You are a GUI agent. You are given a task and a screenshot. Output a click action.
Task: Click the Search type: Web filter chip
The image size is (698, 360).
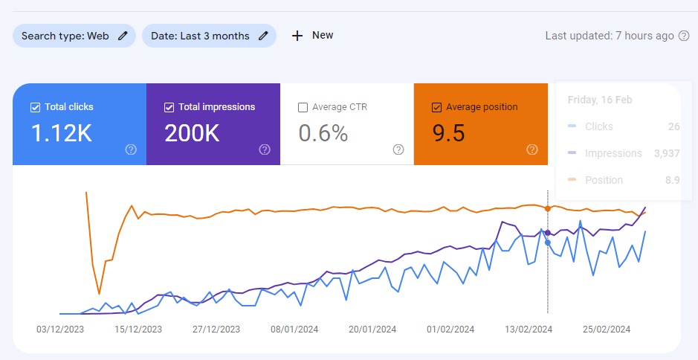click(x=74, y=36)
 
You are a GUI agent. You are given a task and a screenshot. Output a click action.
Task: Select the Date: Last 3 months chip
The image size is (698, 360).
click(x=209, y=36)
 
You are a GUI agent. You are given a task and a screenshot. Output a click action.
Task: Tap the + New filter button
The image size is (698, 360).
click(x=312, y=35)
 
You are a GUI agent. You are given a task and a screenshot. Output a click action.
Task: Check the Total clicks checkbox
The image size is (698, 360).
click(x=35, y=107)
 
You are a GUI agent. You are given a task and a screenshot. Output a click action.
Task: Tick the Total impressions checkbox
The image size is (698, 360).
click(x=169, y=107)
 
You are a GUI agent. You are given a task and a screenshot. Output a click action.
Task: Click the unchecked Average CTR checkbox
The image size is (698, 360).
click(x=303, y=107)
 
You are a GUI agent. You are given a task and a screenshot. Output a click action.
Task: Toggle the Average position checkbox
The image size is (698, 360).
click(x=436, y=107)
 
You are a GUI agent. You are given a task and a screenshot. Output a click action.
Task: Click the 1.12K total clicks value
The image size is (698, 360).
click(x=61, y=133)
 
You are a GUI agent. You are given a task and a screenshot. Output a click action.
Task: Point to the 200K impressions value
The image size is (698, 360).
click(x=192, y=133)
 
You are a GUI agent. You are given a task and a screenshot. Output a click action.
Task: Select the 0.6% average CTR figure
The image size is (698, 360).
click(x=323, y=133)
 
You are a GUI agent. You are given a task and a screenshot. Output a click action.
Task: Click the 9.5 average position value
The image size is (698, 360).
click(x=448, y=133)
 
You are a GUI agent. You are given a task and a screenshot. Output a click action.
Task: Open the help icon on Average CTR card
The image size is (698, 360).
click(x=398, y=150)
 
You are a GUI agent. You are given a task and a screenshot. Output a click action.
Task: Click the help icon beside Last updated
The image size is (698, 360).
click(x=684, y=36)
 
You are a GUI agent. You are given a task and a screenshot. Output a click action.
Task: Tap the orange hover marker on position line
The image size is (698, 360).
click(x=548, y=208)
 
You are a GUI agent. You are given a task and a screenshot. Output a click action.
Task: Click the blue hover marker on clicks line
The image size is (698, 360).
click(x=548, y=242)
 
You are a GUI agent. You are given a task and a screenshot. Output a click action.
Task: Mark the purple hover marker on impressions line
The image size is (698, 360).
click(x=548, y=233)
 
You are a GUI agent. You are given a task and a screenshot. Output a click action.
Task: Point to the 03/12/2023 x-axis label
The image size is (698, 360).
click(x=60, y=329)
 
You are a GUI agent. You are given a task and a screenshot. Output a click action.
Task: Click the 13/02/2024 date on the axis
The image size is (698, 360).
click(x=529, y=329)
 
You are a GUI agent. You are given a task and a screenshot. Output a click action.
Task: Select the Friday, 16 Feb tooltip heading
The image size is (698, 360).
click(x=599, y=100)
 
